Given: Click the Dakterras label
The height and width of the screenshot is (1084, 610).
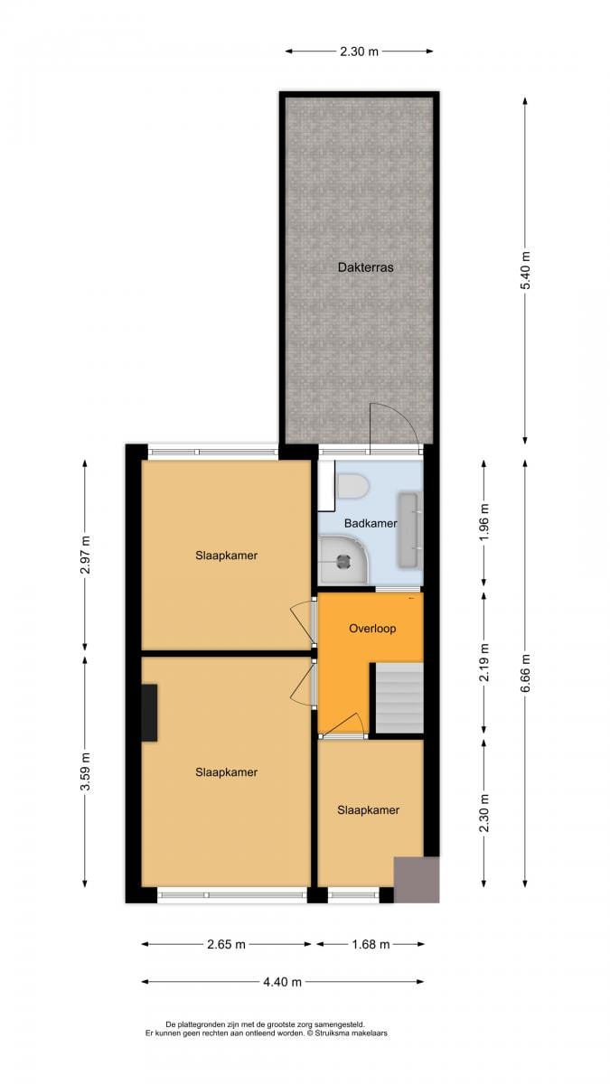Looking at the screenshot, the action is [x=365, y=267].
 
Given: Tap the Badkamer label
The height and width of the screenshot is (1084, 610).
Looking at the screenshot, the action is [x=371, y=523].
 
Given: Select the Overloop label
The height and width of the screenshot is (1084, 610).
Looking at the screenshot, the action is [x=372, y=628].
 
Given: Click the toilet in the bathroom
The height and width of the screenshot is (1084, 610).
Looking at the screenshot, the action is [x=353, y=486].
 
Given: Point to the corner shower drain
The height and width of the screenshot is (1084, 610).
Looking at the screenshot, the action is [x=343, y=560].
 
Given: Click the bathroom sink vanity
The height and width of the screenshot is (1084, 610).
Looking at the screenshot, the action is [x=410, y=529].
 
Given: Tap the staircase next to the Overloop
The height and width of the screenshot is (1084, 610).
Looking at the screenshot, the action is [x=399, y=697].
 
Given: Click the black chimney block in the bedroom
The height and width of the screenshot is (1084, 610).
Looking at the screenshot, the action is [x=149, y=713].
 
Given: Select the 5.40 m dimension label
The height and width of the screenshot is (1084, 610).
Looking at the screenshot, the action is [x=525, y=270].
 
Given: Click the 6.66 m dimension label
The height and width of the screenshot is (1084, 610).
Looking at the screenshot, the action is [x=525, y=673].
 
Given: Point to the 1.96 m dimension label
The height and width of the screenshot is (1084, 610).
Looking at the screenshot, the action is [x=484, y=522].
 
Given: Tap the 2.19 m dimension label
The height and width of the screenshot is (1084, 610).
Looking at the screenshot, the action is [x=484, y=662].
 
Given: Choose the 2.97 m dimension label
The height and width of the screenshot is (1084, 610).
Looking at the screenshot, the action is [x=85, y=555].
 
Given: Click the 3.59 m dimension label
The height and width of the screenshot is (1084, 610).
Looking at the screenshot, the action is [x=85, y=771].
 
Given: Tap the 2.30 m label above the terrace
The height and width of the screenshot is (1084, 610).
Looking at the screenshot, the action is [x=359, y=51].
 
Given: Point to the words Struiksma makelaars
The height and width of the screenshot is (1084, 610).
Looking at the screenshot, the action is [x=351, y=1033].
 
